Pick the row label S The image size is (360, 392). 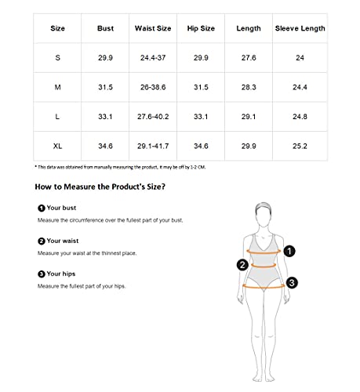click(58, 59)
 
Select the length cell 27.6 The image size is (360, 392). click(249, 59)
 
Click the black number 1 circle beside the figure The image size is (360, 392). click(289, 252)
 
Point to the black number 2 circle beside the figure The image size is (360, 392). click(243, 265)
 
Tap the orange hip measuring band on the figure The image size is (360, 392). click(264, 287)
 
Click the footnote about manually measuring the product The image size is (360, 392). click(119, 167)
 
